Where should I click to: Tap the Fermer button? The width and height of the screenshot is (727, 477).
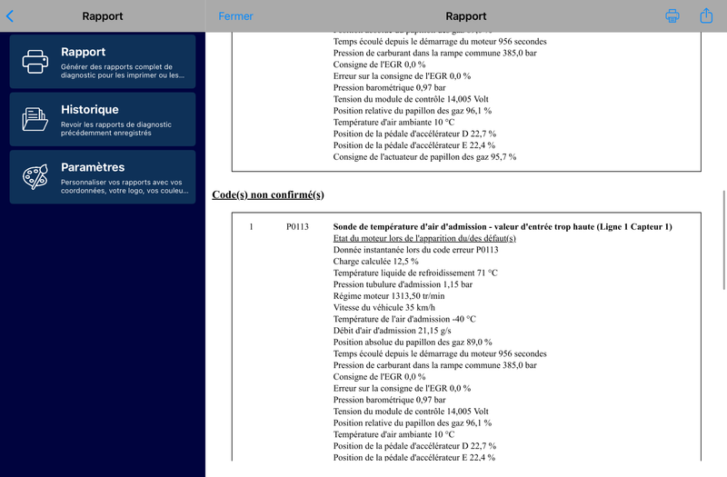tap(235, 16)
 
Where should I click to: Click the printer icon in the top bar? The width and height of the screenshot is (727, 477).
tap(672, 16)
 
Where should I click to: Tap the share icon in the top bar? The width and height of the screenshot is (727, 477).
tap(706, 15)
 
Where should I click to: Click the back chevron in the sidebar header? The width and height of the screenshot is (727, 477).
tap(10, 16)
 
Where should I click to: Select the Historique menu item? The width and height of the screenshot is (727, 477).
tap(103, 118)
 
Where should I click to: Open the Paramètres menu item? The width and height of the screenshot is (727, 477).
tap(103, 176)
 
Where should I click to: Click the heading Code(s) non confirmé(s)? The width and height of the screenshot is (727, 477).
tap(267, 195)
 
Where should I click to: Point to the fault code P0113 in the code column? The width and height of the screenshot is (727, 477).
tap(297, 226)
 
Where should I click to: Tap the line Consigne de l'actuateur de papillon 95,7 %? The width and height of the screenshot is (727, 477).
tap(424, 157)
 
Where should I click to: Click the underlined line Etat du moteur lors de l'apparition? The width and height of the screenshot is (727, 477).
tap(424, 238)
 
